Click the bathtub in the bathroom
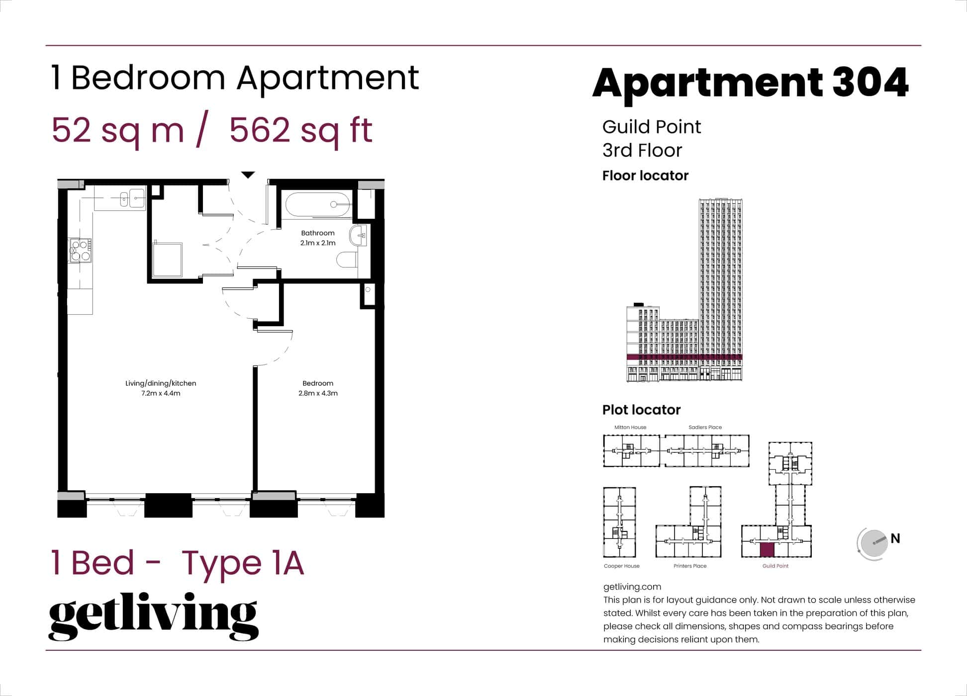[x=317, y=204]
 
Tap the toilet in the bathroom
[x=346, y=260]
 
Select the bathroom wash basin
[x=358, y=236]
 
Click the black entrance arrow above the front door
[x=248, y=174]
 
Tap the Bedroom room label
[x=317, y=383]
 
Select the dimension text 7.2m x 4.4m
[x=160, y=393]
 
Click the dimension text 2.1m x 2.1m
[x=317, y=243]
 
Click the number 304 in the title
[x=870, y=82]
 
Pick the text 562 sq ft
[x=300, y=131]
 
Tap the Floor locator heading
[x=645, y=175]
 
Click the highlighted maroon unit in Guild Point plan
[x=767, y=549]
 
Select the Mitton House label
[x=630, y=427]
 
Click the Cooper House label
[x=621, y=566]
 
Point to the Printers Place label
[x=689, y=566]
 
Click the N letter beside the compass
[x=895, y=538]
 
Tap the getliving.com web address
[x=632, y=587]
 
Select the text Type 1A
[x=242, y=563]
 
